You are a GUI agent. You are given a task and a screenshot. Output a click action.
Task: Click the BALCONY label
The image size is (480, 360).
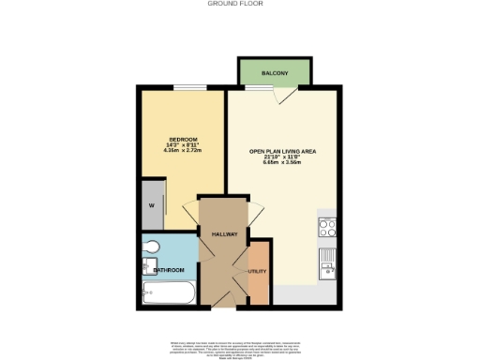click(274, 71)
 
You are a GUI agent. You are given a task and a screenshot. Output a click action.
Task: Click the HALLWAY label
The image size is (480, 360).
click(224, 233)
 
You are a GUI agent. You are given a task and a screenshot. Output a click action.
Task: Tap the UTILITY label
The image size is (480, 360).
click(258, 271)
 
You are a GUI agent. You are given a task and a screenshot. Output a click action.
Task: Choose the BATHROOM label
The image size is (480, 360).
click(170, 270)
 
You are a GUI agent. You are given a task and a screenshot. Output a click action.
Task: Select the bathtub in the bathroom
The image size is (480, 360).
click(168, 296)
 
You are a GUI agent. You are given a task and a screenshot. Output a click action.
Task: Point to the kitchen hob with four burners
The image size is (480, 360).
click(328, 226)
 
